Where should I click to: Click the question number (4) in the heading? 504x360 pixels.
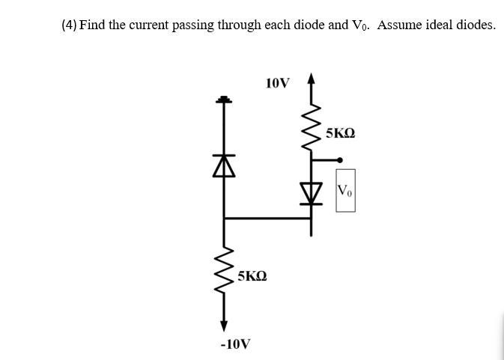point(69,25)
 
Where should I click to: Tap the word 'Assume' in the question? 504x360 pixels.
point(401,25)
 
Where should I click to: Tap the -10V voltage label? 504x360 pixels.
point(235,344)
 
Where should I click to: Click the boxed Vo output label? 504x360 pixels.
point(345,191)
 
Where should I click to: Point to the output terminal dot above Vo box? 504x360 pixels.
point(340,159)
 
